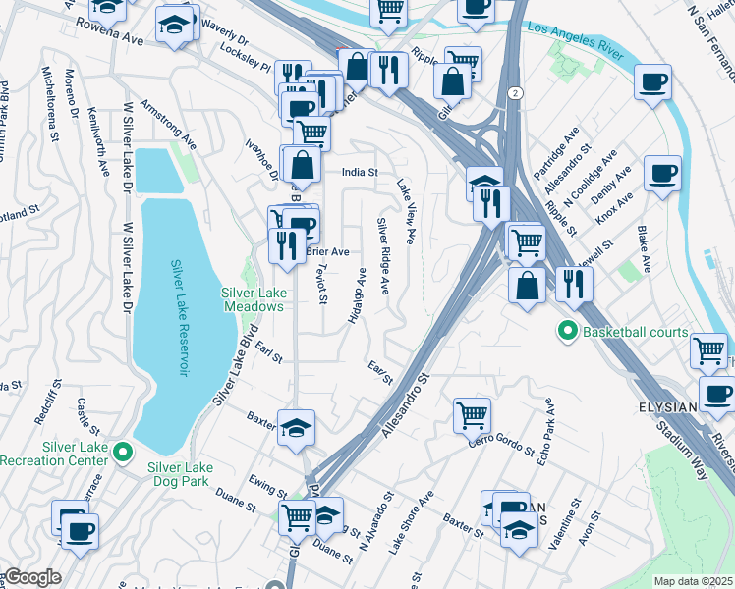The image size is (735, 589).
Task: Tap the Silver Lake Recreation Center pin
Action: click(x=122, y=453)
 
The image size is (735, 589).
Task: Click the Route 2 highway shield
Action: click(x=515, y=92)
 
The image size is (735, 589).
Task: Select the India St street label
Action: click(x=360, y=172)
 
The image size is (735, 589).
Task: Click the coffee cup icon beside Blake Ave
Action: click(x=662, y=175)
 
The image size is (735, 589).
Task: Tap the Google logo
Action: click(x=31, y=577)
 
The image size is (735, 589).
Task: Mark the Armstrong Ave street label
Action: click(x=168, y=123)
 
